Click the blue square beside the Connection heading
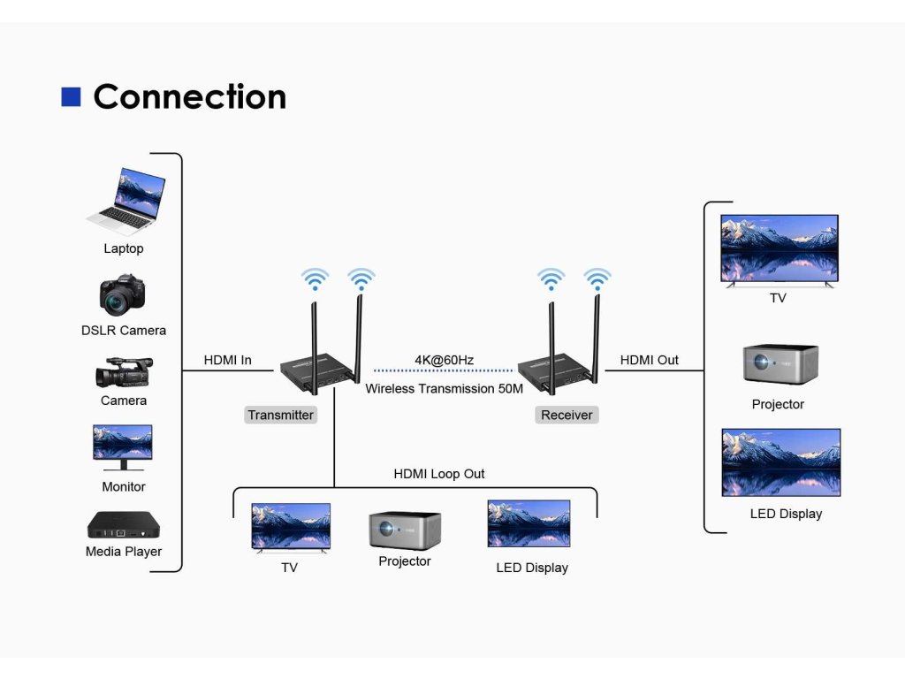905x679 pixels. [x=71, y=96]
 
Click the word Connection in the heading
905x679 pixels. [x=190, y=96]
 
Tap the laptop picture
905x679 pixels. [x=126, y=201]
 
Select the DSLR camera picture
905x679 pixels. [x=122, y=295]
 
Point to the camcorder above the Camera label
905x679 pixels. [x=124, y=372]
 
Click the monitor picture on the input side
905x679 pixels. [x=123, y=447]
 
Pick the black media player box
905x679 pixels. [x=124, y=525]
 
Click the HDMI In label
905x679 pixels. [x=227, y=360]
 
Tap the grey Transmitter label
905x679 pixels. [x=280, y=415]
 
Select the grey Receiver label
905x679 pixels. [x=567, y=415]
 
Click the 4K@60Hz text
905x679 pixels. [x=445, y=360]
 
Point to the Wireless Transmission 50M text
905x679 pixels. [x=445, y=389]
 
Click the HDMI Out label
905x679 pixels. [x=650, y=360]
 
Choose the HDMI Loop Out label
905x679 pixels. [x=439, y=474]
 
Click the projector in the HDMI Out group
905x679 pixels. [x=780, y=364]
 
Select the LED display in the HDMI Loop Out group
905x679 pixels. [x=529, y=523]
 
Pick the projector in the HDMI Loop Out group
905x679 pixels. [x=405, y=530]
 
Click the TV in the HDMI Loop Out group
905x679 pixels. [x=291, y=528]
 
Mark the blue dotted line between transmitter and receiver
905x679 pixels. [x=444, y=370]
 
